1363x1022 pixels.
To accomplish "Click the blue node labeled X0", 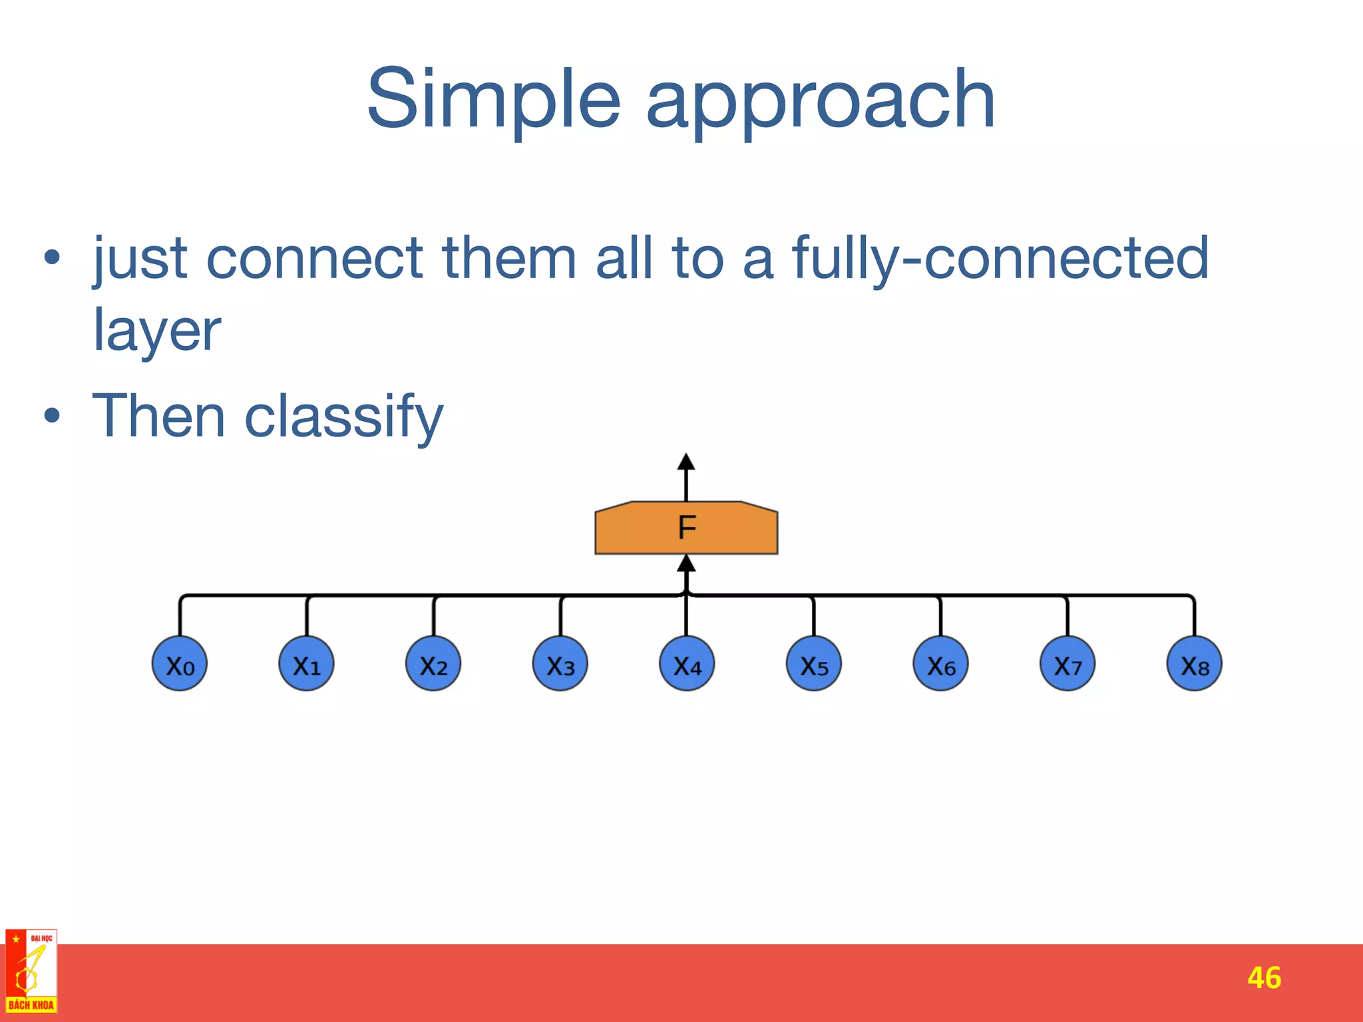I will [180, 664].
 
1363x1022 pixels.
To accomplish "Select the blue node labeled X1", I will [307, 664].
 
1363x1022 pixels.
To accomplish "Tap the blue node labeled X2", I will [433, 664].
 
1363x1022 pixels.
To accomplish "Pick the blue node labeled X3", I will [560, 664].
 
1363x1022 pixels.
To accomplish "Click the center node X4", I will [687, 664].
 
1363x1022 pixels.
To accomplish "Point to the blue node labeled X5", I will [814, 664].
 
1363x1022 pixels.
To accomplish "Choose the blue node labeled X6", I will [940, 664].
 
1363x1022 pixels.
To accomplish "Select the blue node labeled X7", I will [1068, 664].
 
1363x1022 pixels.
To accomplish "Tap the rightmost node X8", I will [1195, 664].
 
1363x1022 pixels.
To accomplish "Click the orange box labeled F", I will [686, 528].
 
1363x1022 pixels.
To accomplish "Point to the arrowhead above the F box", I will [686, 462].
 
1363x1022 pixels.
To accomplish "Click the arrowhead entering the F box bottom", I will [686, 564].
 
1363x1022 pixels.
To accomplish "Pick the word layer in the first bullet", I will [157, 331].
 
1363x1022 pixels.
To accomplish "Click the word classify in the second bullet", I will [344, 417].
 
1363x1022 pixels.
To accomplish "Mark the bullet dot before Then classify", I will [52, 417].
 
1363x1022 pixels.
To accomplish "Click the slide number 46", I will [1264, 977].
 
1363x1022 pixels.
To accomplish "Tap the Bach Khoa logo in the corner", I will [31, 972].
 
